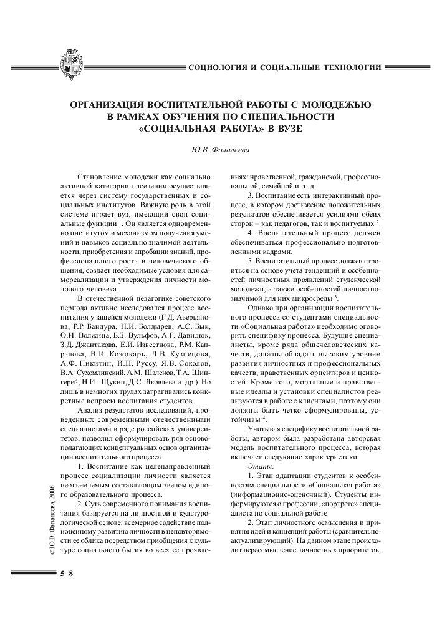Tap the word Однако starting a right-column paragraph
[x=260, y=309]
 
